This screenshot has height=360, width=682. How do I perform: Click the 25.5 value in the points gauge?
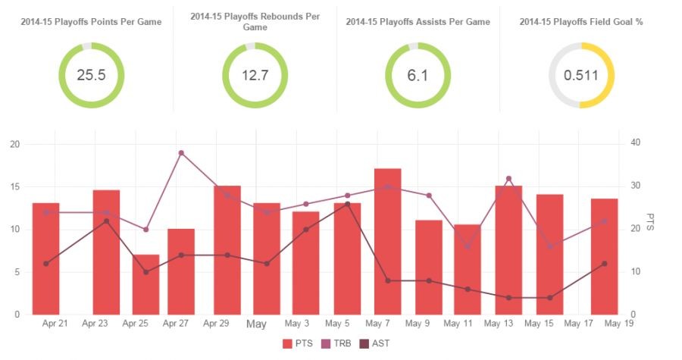tap(91, 75)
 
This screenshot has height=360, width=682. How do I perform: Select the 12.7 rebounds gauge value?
tap(255, 75)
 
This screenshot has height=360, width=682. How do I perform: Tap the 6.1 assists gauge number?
tap(418, 75)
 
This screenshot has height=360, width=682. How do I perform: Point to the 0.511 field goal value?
tap(581, 75)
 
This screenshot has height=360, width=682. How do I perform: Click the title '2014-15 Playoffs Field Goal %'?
tap(581, 22)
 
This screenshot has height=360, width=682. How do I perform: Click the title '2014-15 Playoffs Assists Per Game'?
tap(418, 22)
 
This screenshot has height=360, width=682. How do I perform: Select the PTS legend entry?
tap(298, 344)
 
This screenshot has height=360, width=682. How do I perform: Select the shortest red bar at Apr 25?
tap(145, 284)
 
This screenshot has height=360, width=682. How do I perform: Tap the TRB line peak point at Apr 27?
tap(181, 153)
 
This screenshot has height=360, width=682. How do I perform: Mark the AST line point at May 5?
tap(347, 204)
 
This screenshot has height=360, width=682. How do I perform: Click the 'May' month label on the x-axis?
tap(256, 324)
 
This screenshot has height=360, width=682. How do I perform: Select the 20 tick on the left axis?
tap(15, 144)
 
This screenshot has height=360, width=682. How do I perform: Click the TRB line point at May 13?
tap(508, 179)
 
